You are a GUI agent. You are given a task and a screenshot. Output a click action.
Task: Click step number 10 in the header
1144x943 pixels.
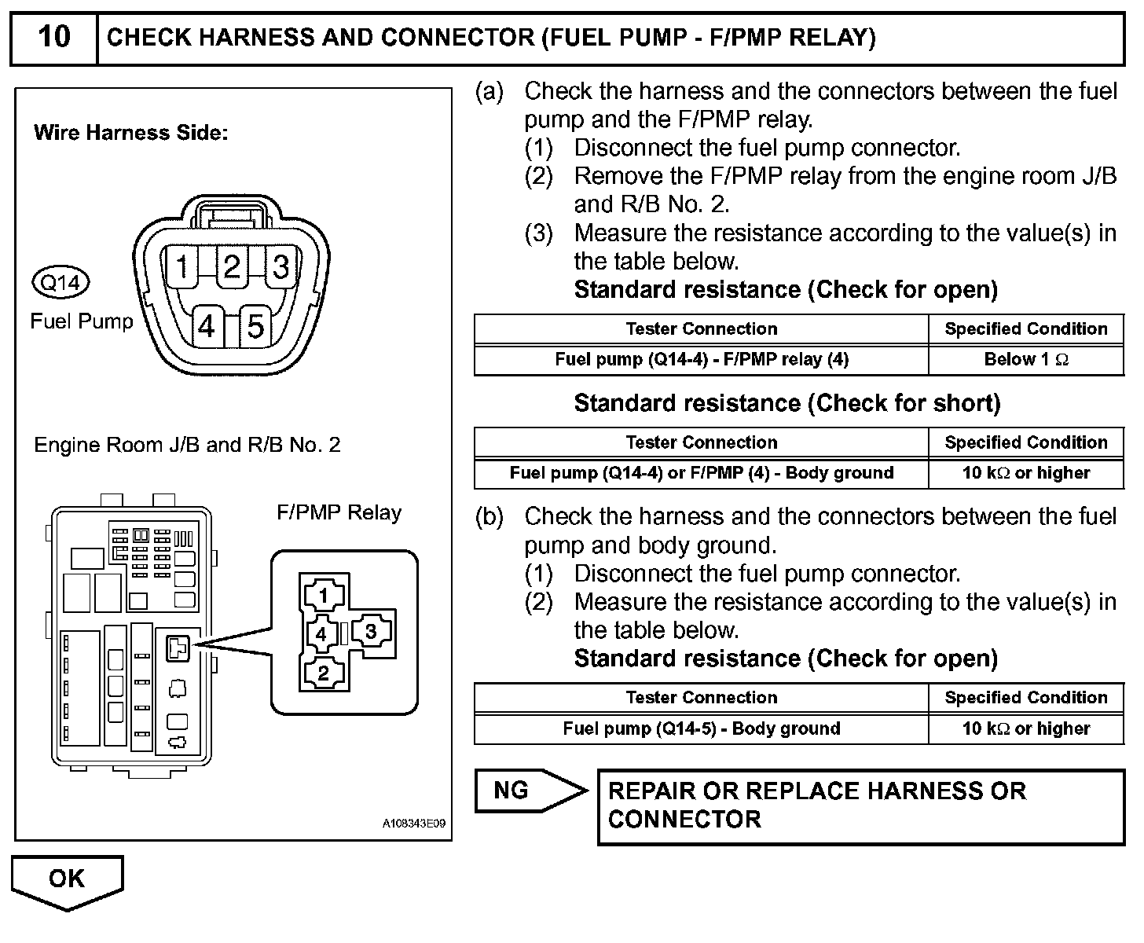point(53,37)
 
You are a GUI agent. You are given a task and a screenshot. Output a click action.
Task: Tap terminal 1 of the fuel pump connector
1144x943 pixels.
point(182,267)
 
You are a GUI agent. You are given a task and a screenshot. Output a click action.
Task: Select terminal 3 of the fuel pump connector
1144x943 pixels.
point(281,267)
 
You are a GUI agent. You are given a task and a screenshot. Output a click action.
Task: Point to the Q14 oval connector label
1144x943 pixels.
point(60,282)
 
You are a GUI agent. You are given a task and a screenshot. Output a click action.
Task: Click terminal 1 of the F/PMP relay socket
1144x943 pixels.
point(323,596)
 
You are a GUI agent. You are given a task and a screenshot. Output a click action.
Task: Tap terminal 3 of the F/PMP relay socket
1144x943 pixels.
point(371,632)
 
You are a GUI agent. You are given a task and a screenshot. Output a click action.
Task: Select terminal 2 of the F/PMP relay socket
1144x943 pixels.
point(323,673)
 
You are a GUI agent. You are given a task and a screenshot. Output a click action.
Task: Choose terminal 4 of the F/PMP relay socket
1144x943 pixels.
point(321,633)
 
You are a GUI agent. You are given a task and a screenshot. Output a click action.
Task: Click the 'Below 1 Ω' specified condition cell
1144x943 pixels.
point(1026,360)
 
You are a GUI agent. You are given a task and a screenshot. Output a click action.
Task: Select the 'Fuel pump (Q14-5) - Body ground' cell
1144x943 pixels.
point(702,728)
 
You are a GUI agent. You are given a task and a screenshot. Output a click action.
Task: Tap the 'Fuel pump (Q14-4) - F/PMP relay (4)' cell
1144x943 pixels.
point(702,360)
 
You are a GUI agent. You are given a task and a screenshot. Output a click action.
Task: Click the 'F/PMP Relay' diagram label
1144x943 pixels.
point(339,513)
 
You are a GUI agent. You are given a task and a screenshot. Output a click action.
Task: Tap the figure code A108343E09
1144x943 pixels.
point(414,824)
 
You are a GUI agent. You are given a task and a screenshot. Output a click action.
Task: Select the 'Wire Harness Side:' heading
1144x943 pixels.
point(130,133)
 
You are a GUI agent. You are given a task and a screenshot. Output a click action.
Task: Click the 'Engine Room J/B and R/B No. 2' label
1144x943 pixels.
point(187,446)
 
